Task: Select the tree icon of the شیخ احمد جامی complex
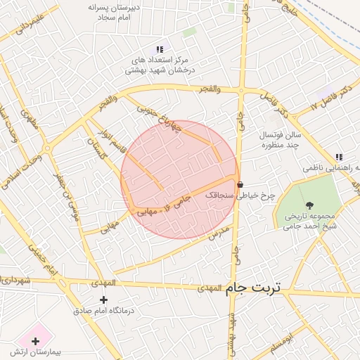click(310, 205)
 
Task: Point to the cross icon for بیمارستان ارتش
click(36, 341)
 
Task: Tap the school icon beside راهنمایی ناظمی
click(339, 157)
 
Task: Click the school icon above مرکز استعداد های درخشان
click(160, 49)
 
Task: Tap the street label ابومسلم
click(279, 344)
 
